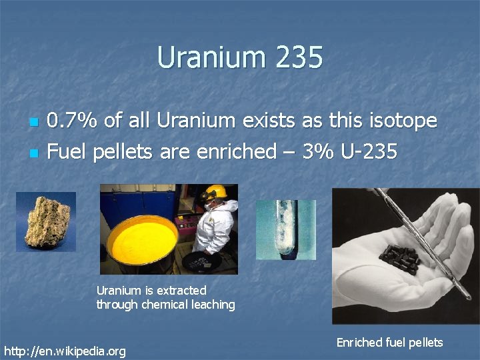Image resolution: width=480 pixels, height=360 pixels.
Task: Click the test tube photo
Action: click(x=286, y=230)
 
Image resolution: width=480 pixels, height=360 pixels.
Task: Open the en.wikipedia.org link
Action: click(x=65, y=351)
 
